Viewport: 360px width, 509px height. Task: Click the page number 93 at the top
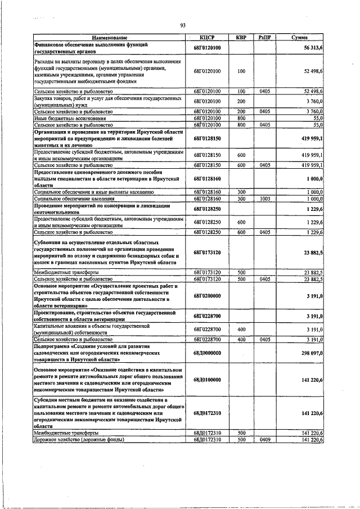[183, 25]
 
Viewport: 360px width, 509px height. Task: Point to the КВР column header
[241, 38]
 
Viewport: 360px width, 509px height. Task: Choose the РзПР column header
[265, 38]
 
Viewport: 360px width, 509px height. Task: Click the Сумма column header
[299, 38]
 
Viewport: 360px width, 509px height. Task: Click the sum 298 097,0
[312, 352]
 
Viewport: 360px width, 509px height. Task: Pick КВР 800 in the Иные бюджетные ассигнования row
[241, 119]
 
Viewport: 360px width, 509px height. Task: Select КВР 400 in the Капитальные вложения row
[241, 329]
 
